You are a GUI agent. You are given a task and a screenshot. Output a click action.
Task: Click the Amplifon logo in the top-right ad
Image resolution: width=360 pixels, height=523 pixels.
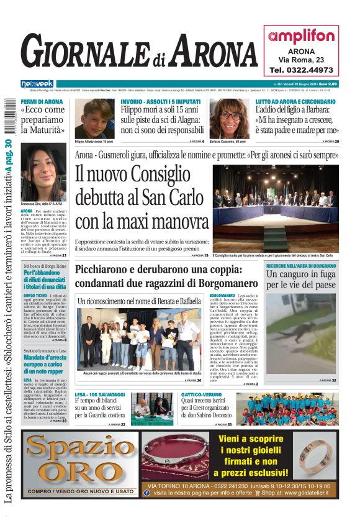[x=301, y=36]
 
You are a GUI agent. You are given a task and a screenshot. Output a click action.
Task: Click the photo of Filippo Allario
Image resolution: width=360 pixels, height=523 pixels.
[x=94, y=119]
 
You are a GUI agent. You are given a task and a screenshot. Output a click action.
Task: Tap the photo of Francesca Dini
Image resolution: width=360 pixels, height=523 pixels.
[x=43, y=171]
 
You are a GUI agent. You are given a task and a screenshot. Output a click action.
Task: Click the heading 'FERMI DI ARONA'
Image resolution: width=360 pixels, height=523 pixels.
[x=42, y=101]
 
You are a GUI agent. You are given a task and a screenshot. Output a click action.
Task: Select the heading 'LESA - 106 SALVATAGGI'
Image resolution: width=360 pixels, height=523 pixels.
[x=101, y=395]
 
